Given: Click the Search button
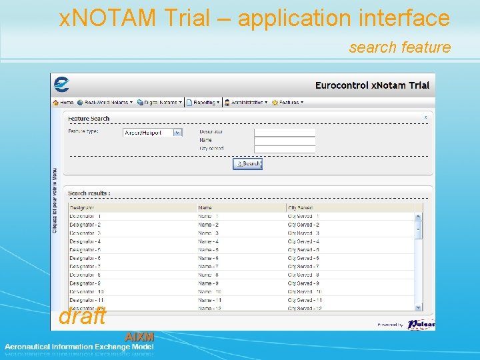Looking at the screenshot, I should point(248,163).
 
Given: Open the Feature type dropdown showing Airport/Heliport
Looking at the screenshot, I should point(153,133).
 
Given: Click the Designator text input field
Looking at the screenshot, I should point(284,132).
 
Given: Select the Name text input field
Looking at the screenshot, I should point(284,141).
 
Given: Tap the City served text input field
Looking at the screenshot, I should point(284,149).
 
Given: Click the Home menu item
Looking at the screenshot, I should point(63,103).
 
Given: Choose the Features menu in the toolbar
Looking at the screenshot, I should point(288,103).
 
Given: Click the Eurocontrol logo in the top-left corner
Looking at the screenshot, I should point(61,85).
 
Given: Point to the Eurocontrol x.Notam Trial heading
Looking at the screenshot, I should point(372,85).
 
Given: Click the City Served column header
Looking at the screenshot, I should point(300,208).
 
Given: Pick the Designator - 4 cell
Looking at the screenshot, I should point(85,241).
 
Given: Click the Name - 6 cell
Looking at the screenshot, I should point(208,258).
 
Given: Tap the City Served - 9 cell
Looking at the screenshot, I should point(303,283).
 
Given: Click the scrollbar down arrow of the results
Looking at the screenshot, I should point(419,308).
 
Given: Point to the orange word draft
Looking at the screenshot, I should point(82,317).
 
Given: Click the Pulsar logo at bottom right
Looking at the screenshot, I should point(421,324).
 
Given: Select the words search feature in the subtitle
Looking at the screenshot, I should point(399,47).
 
